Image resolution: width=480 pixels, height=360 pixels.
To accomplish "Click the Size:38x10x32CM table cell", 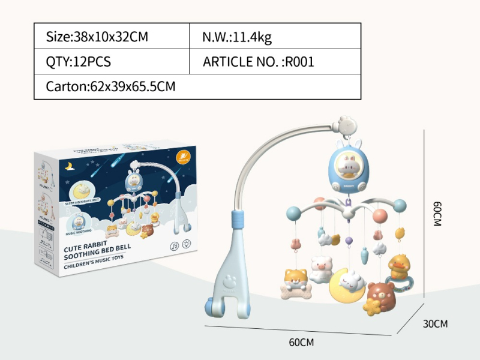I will coord(97,37).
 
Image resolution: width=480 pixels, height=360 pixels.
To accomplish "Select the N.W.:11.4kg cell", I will coord(238,37).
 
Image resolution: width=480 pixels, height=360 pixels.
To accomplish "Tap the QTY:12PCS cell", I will coord(79,62).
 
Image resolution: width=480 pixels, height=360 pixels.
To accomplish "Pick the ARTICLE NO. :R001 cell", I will coord(259,62).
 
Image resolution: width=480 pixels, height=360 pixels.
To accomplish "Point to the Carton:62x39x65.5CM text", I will coord(110,86).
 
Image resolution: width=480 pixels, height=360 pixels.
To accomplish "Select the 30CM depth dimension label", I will coord(436,323).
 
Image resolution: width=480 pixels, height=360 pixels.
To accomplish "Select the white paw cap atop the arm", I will coord(346,124).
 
